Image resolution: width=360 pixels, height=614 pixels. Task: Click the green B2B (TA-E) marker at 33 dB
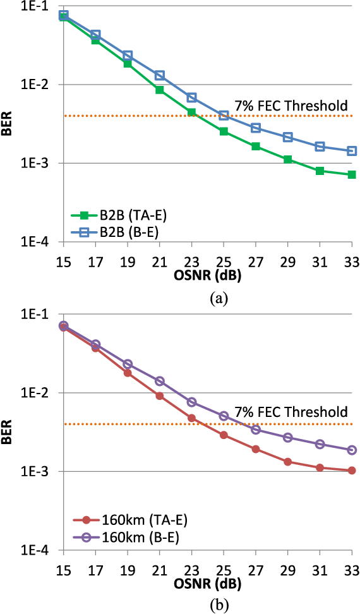click(352, 174)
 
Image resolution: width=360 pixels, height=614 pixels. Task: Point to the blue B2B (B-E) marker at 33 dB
click(352, 151)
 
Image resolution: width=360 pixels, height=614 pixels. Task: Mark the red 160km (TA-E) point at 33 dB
click(352, 471)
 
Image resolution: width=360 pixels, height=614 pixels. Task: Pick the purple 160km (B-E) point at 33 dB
click(352, 450)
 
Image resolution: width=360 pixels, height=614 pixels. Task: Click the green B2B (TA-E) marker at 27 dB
click(256, 146)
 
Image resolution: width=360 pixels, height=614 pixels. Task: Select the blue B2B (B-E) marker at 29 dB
click(288, 137)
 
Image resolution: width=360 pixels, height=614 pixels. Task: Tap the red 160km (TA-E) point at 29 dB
click(288, 462)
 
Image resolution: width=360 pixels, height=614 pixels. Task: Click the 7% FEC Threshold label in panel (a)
click(291, 105)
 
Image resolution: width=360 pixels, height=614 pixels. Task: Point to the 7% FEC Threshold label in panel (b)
click(291, 412)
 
